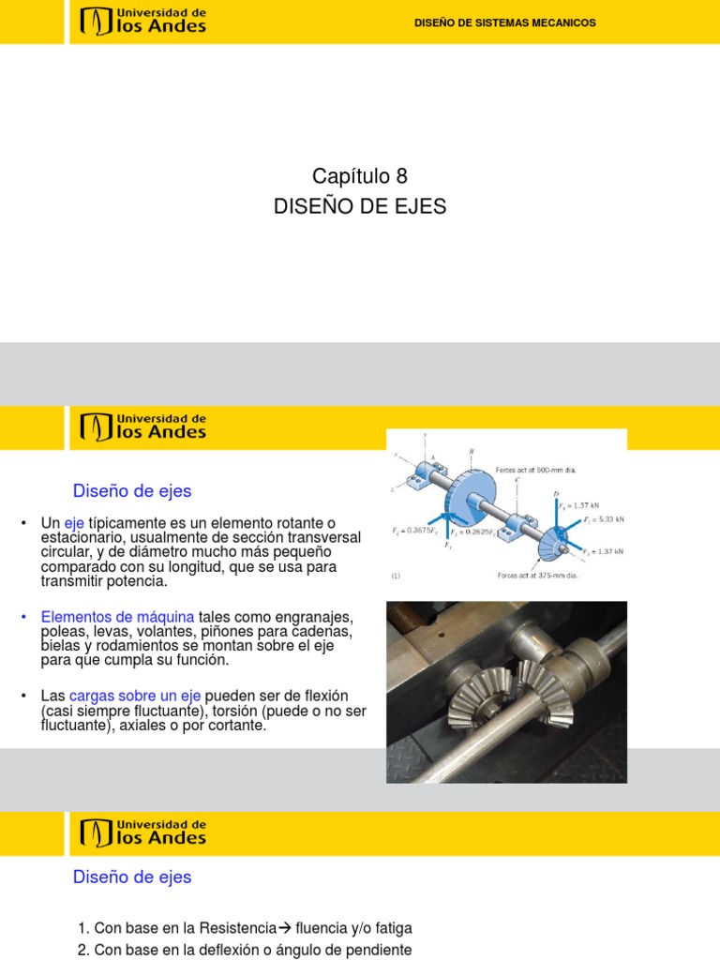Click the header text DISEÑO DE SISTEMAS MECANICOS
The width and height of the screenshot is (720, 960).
504,22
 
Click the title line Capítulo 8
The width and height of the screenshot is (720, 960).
359,176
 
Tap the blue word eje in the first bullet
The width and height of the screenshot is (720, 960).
74,522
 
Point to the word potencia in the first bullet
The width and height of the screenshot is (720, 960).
141,581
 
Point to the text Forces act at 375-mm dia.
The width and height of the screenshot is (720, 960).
537,577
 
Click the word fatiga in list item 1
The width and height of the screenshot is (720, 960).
391,928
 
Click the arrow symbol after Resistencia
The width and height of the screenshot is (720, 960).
285,928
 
